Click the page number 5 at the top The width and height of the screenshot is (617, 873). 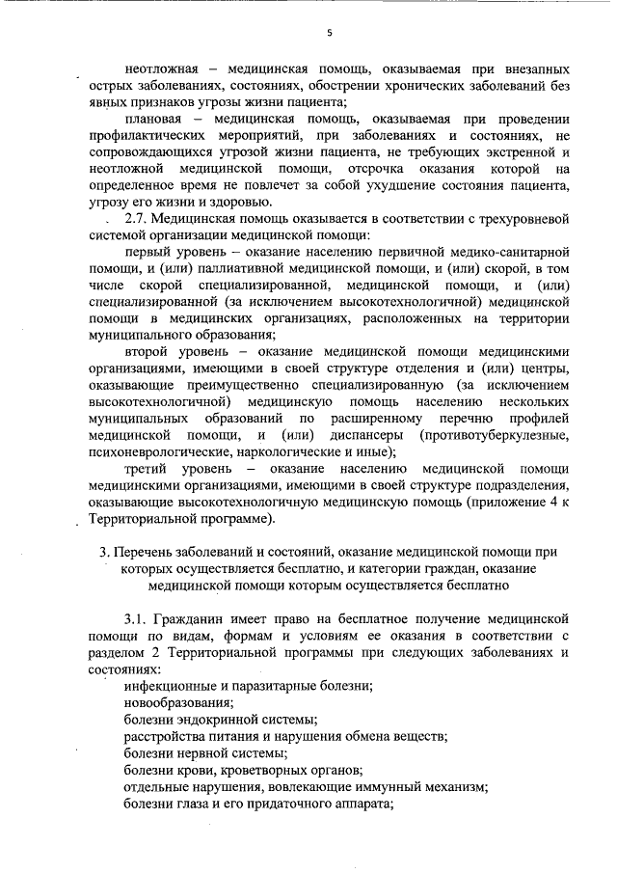click(328, 31)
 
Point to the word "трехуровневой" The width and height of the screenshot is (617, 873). click(519, 221)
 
